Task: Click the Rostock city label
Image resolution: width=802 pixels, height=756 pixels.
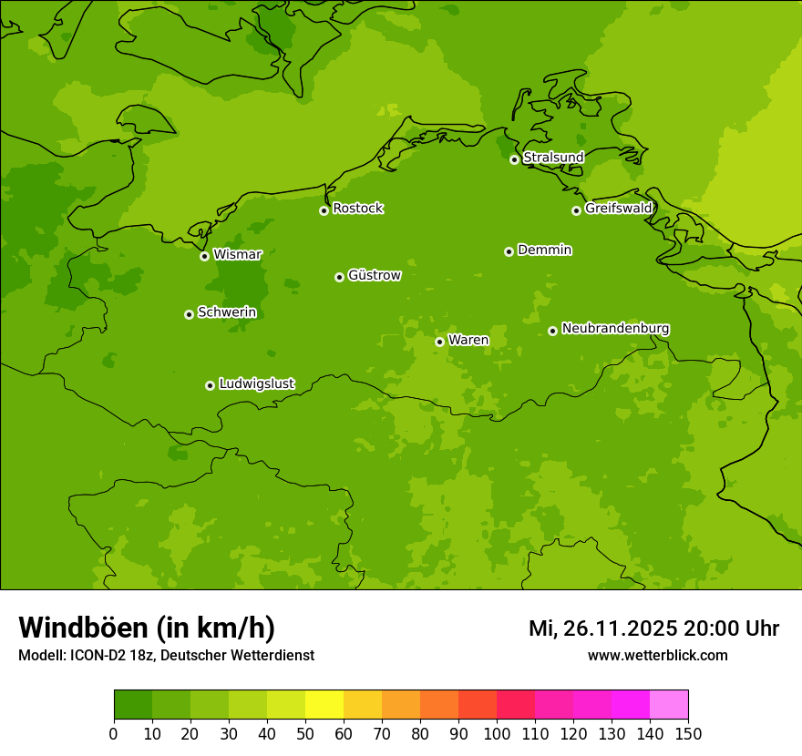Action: (357, 209)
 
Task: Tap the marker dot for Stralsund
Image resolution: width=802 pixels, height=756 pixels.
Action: (514, 159)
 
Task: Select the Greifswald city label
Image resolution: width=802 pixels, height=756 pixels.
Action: (618, 209)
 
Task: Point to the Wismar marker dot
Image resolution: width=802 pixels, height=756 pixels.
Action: (204, 256)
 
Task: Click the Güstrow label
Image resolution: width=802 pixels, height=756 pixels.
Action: (374, 275)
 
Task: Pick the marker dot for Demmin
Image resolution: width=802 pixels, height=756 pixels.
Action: (509, 251)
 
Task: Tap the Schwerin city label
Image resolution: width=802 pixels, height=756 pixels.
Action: (227, 312)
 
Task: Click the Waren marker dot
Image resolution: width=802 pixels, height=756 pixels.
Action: (439, 342)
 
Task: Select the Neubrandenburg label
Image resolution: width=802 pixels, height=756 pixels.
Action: (615, 329)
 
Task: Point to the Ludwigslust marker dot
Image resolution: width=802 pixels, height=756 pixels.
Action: (210, 385)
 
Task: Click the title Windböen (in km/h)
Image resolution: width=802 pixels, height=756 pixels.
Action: (146, 628)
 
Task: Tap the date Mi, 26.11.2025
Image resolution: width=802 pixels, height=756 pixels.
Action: (602, 628)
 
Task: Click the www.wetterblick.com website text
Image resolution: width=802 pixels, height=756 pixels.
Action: (657, 655)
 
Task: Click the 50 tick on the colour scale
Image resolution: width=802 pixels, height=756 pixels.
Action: (304, 734)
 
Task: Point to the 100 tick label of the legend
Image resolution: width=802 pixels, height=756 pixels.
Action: (496, 734)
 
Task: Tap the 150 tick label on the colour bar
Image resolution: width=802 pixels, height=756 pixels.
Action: (687, 734)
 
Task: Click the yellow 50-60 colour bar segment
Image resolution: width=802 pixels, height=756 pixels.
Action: (324, 705)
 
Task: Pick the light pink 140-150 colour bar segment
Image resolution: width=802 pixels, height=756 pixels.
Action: (668, 705)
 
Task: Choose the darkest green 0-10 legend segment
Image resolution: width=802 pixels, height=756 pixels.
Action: (132, 705)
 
